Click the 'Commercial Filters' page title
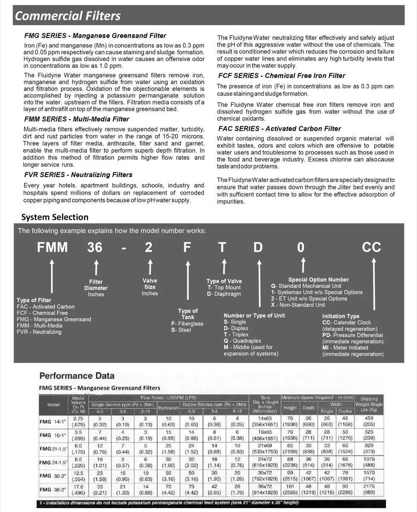point(68,16)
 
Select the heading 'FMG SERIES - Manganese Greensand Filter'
point(95,36)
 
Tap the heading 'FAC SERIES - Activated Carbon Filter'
point(279,128)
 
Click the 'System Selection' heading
point(55,217)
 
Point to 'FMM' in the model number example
point(52,247)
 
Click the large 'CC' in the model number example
point(371,247)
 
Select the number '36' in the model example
point(95,247)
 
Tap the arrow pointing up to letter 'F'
point(187,282)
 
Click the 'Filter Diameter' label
point(96,285)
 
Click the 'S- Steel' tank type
point(181,330)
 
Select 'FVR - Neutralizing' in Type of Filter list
point(39,332)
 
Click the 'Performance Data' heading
point(77,376)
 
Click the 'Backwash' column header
point(168,408)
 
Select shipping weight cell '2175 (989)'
point(369,489)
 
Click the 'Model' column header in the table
point(53,405)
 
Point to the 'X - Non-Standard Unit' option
point(298,305)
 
